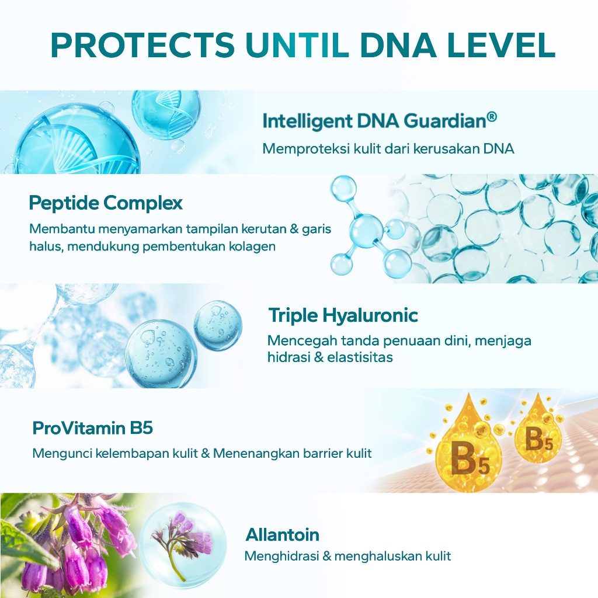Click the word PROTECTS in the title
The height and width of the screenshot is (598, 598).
[x=142, y=45]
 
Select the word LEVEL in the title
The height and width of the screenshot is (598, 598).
[x=502, y=45]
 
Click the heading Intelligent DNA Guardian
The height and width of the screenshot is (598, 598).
[x=374, y=121]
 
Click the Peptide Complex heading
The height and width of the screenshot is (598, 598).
[x=106, y=203]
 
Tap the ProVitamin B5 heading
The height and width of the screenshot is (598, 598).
[x=93, y=428]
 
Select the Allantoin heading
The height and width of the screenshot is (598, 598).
[x=282, y=535]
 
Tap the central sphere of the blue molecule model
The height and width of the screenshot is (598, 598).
[x=364, y=230]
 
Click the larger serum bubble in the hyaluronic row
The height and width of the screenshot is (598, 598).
[x=161, y=353]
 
